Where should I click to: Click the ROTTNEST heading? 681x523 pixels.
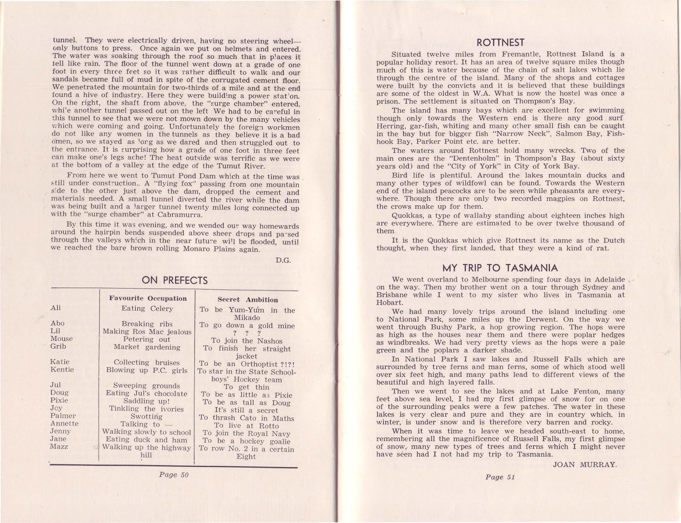[500, 42]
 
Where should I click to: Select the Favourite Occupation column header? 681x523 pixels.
[148, 298]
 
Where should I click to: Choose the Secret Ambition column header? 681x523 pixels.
[248, 300]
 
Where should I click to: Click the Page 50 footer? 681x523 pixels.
[174, 475]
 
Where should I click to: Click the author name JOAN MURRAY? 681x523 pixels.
[584, 465]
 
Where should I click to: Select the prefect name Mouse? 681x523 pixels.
[61, 339]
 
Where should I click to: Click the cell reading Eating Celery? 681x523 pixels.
[147, 308]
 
